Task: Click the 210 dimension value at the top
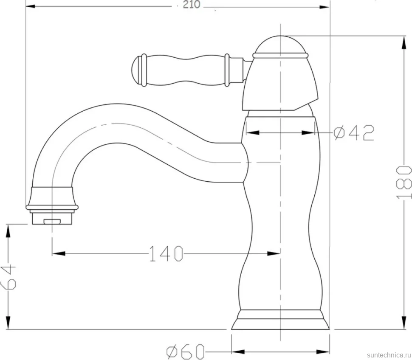[191, 5]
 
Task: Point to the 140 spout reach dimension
[166, 253]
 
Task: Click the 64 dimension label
[8, 277]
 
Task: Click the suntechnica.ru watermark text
[389, 355]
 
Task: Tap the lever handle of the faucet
[188, 70]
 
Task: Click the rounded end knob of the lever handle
[138, 70]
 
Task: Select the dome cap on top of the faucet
[280, 46]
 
